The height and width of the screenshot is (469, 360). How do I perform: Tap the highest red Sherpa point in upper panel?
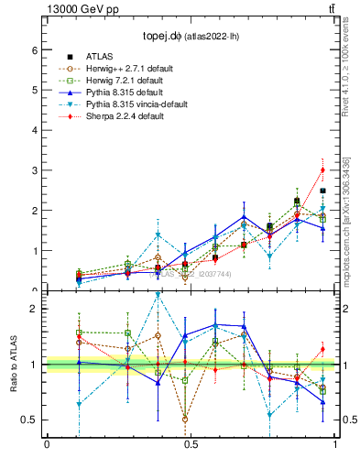[322, 169]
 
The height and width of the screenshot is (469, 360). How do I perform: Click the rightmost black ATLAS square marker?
[322, 191]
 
